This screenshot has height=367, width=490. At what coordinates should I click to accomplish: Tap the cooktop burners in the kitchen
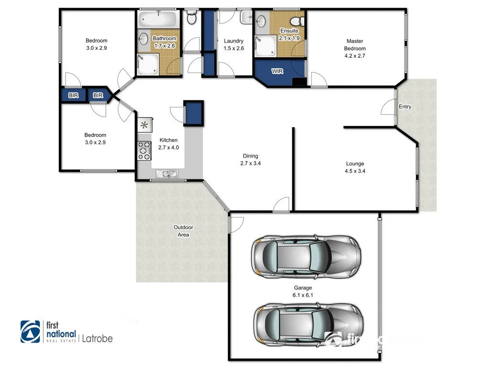(144, 150)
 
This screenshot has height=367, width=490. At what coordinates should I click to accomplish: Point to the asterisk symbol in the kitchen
(144, 126)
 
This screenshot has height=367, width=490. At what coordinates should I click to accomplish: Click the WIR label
(277, 71)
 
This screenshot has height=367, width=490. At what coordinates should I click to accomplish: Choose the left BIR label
(73, 96)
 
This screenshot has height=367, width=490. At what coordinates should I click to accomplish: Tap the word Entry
(405, 107)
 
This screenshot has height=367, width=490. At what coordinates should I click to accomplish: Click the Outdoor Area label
(183, 231)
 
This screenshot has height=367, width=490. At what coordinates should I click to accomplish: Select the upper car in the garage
(307, 257)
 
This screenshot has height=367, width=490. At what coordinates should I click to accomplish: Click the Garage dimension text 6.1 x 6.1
(303, 295)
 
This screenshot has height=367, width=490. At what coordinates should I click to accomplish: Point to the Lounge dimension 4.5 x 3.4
(355, 171)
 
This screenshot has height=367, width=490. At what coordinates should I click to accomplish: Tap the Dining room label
(250, 156)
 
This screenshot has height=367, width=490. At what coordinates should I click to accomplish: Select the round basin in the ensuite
(261, 22)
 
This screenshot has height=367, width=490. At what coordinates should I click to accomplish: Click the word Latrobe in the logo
(97, 338)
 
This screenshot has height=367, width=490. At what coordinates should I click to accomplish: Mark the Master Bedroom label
(355, 44)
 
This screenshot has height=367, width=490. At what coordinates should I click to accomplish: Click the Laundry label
(234, 41)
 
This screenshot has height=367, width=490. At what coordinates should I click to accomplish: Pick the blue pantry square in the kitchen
(194, 113)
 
